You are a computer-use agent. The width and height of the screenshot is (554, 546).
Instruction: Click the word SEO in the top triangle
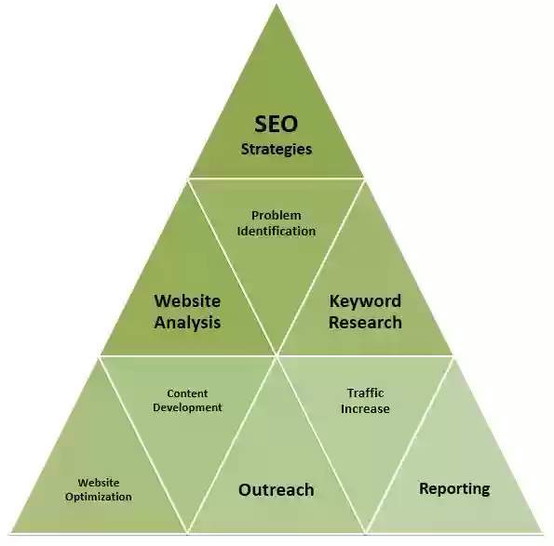pyautogui.click(x=277, y=124)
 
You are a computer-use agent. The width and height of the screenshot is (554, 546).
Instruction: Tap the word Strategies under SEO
pyautogui.click(x=277, y=150)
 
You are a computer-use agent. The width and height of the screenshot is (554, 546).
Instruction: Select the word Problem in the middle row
pyautogui.click(x=277, y=215)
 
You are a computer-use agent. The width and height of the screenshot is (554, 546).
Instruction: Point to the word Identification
pyautogui.click(x=277, y=232)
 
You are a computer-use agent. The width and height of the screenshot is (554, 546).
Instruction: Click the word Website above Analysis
pyautogui.click(x=187, y=301)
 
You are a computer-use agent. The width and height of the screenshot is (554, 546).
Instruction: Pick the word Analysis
pyautogui.click(x=187, y=323)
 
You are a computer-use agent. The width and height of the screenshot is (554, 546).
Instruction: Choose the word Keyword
pyautogui.click(x=365, y=301)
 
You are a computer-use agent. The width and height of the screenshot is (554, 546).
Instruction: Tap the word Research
pyautogui.click(x=365, y=322)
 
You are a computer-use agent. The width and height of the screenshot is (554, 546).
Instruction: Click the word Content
pyautogui.click(x=187, y=393)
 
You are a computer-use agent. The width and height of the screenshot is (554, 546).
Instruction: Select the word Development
pyautogui.click(x=187, y=407)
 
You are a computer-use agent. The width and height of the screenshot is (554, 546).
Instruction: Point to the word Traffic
pyautogui.click(x=365, y=393)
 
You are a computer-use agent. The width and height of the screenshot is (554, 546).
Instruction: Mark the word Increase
pyautogui.click(x=365, y=408)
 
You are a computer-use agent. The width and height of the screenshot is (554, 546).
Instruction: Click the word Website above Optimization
pyautogui.click(x=99, y=483)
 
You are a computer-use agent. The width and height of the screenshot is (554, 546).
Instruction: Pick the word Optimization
pyautogui.click(x=98, y=497)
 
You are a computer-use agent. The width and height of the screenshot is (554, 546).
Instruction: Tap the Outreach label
pyautogui.click(x=277, y=490)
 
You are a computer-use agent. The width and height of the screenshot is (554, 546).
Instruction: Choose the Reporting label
pyautogui.click(x=454, y=489)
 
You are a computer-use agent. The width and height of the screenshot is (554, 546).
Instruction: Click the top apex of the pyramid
pyautogui.click(x=277, y=5)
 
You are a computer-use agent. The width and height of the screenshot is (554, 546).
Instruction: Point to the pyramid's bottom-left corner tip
pyautogui.click(x=11, y=532)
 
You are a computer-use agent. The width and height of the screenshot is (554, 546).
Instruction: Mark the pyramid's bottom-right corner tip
pyautogui.click(x=541, y=531)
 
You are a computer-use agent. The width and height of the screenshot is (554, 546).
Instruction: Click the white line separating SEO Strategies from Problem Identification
pyautogui.click(x=277, y=179)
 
